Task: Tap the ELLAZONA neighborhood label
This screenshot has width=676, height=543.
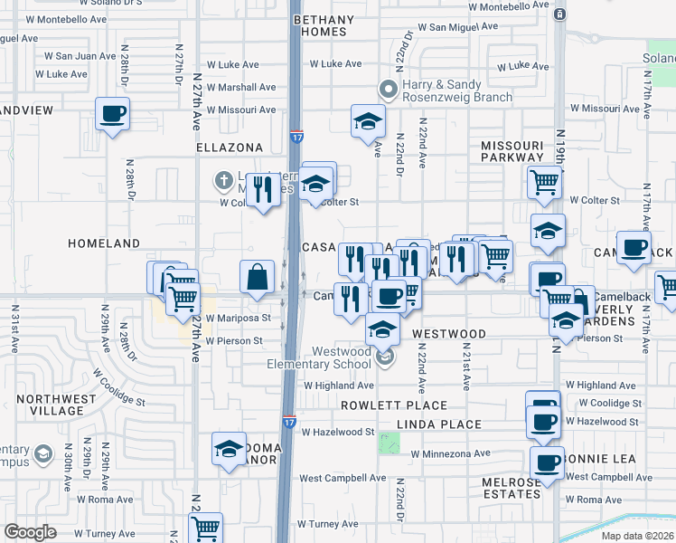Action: coord(230,148)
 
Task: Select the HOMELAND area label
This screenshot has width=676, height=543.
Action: coord(105,243)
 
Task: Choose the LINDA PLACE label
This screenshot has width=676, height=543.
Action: coord(442,424)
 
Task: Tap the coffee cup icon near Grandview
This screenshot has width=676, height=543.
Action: coord(113,115)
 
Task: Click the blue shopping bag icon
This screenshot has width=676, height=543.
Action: coord(258,277)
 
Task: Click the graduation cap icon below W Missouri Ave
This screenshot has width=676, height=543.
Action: coord(368,122)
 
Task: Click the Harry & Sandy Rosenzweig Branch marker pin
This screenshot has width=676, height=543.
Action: coord(389,89)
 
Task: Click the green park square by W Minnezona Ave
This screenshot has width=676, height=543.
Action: coord(390,443)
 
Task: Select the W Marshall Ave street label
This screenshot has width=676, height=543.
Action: coord(241,88)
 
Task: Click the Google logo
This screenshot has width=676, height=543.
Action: coord(30,531)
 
